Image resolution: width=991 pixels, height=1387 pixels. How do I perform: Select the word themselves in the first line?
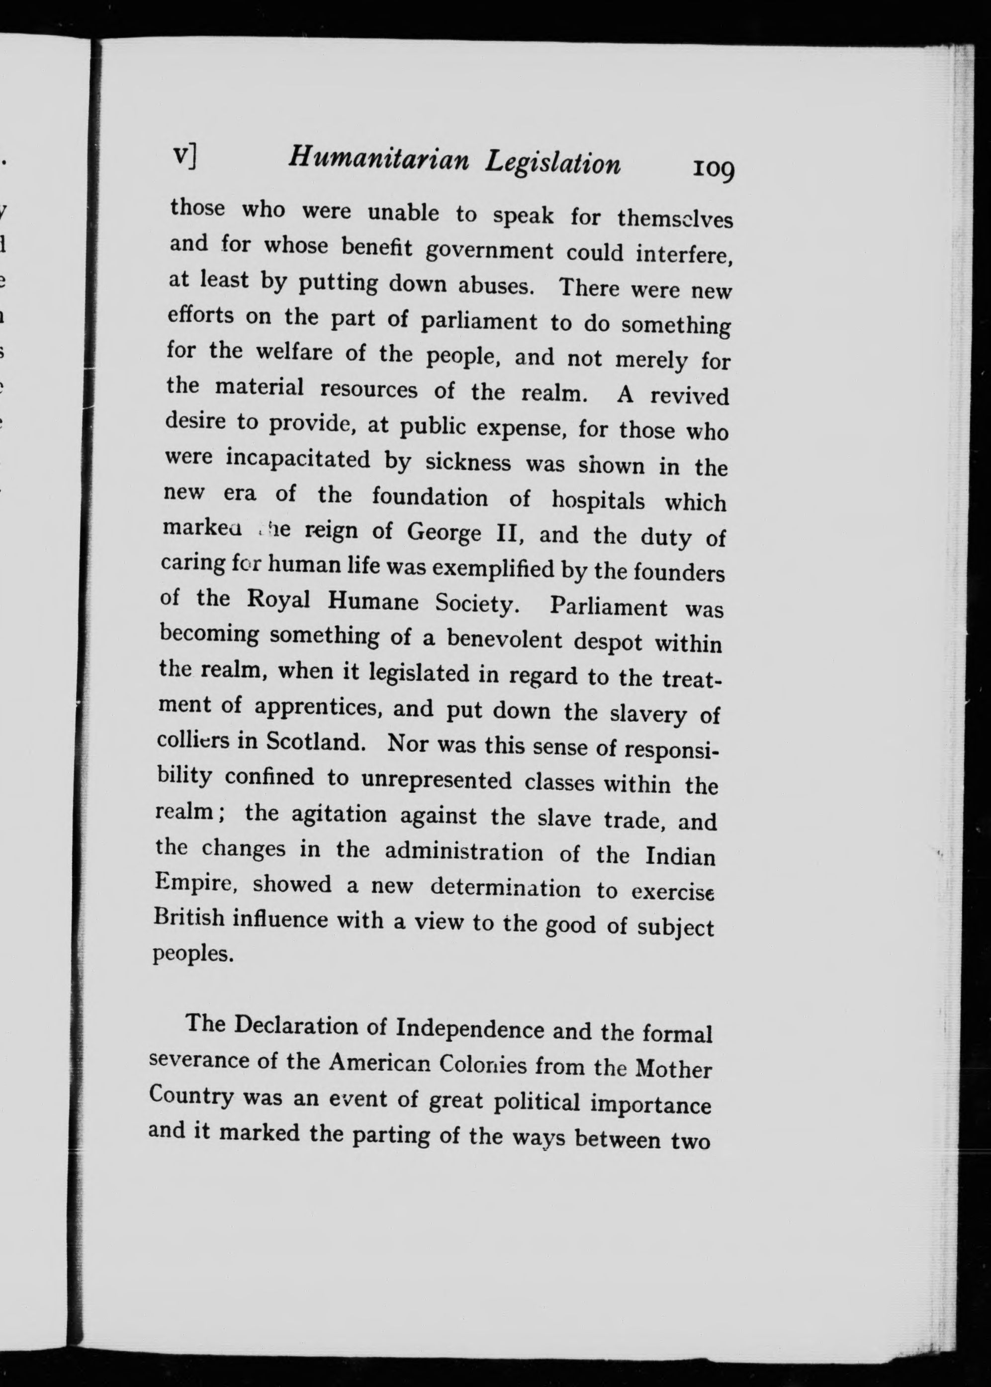pos(675,218)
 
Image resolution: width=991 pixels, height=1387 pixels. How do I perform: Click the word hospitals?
pos(598,500)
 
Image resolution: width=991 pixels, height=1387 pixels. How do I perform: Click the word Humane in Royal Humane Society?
pos(373,601)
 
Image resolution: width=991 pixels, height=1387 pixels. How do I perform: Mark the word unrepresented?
pos(436,780)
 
